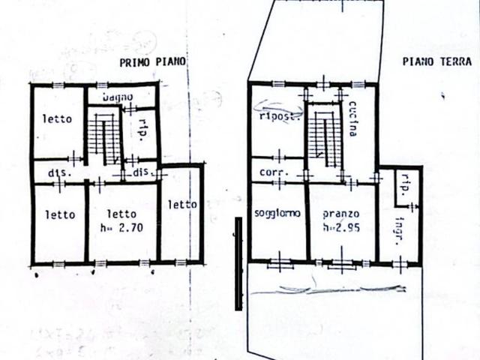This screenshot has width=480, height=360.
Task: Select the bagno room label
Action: tap(118, 97)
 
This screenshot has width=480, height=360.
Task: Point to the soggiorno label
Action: tap(277, 213)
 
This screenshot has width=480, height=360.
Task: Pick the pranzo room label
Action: tap(340, 213)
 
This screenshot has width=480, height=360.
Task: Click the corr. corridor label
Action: tap(270, 172)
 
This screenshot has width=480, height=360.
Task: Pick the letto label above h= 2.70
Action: tap(121, 214)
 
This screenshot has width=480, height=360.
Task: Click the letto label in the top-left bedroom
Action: tap(57, 118)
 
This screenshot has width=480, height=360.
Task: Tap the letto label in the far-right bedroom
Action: tap(181, 203)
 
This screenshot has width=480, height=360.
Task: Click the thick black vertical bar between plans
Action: tap(238, 263)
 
